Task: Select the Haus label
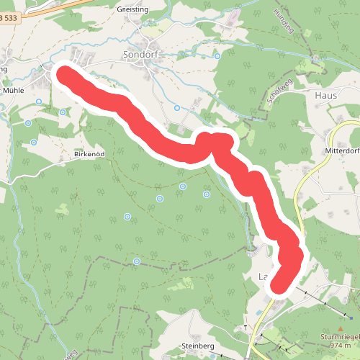point(326,94)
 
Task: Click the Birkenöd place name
point(90,154)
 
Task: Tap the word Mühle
point(13,91)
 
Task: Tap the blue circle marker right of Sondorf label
point(217,56)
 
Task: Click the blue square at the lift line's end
point(352,317)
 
